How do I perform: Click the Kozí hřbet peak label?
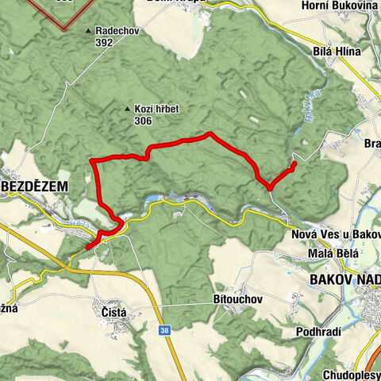click(x=155, y=108)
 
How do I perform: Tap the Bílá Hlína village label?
click(x=337, y=51)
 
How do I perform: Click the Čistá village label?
click(x=113, y=314)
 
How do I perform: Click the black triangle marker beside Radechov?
click(x=89, y=32)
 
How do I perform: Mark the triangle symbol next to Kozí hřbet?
click(x=128, y=109)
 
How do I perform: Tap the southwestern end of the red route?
click(x=87, y=248)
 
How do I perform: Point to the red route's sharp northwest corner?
click(x=93, y=162)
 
